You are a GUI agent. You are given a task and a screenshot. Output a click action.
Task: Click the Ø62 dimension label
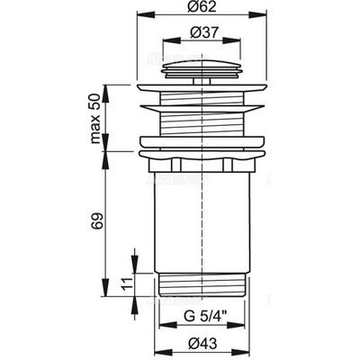[202, 6]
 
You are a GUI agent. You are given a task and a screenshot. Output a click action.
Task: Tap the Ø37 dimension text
[203, 31]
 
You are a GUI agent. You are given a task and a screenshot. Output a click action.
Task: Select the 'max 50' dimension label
[95, 119]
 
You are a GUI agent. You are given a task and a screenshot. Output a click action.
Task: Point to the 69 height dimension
[96, 221]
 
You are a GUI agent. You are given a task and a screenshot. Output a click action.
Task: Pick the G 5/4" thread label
[205, 317]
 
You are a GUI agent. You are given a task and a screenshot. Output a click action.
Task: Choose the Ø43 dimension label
[203, 344]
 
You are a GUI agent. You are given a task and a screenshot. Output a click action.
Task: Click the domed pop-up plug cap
[202, 69]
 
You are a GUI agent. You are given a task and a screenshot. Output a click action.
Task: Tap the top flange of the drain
[202, 87]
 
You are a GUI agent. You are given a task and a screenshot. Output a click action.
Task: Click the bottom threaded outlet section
[202, 285]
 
